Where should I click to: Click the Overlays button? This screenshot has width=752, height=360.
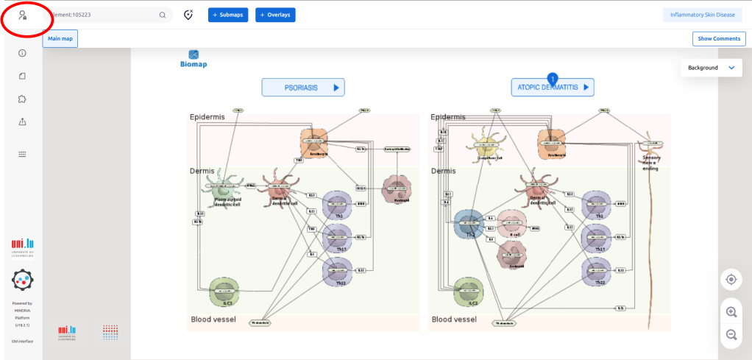275,15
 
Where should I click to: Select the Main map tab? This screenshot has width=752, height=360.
60,38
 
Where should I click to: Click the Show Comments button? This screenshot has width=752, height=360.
718,38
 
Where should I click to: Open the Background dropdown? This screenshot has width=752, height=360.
711,68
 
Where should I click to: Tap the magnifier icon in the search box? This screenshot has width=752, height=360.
163,15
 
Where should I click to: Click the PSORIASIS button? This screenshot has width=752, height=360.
303,88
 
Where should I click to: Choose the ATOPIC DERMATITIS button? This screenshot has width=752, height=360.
553,88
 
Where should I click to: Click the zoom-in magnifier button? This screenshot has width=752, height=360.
731,311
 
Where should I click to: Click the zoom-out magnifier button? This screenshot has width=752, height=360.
731,334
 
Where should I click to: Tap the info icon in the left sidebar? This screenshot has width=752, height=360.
23,53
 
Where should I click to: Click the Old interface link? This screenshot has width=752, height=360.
22,342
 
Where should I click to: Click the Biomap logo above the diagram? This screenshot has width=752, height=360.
194,59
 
